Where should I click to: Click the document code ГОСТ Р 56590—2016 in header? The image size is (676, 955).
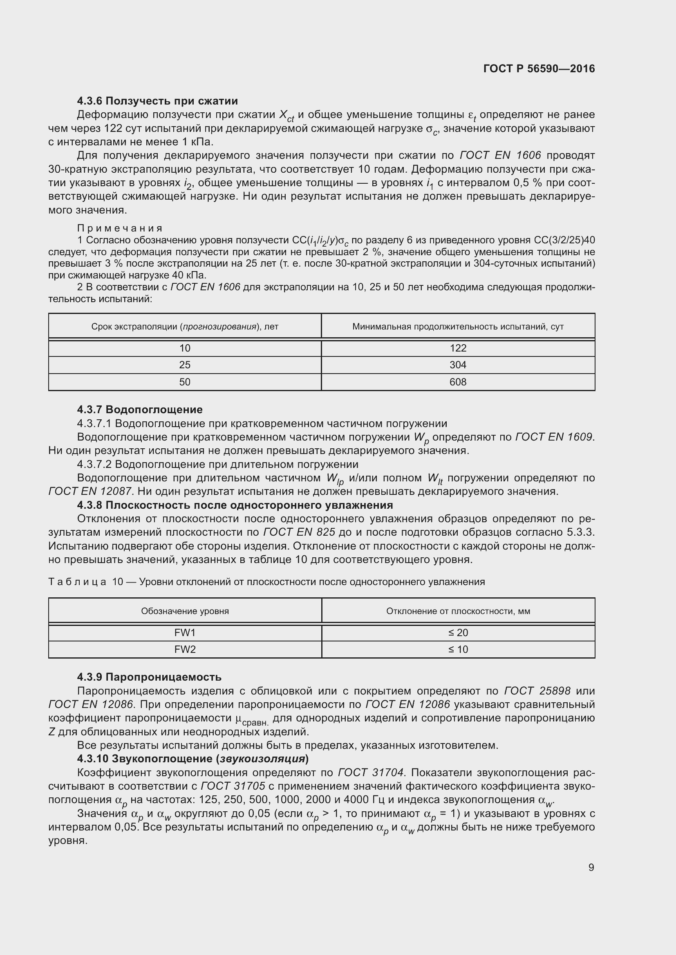coord(539,69)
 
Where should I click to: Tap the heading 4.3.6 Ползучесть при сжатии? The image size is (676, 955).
coord(157,101)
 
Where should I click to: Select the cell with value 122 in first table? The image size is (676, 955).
coord(458,348)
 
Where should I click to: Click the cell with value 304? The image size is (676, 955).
coord(458,365)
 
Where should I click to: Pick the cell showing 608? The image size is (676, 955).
coord(458,382)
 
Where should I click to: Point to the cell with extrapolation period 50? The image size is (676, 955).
coord(185,382)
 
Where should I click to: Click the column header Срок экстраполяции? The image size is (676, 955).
coord(185,327)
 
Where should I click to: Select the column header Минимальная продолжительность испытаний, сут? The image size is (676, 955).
coord(458,327)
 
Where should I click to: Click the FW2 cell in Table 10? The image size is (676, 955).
coord(185,649)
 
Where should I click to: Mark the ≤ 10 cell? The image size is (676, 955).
coord(458,649)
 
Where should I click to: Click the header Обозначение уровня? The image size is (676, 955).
coord(185,611)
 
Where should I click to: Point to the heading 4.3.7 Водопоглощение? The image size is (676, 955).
coord(140,410)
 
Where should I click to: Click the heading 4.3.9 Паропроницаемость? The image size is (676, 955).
coord(149,677)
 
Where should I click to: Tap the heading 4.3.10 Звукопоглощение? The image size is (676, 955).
coord(193,759)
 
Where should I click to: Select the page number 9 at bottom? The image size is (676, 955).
coord(591,867)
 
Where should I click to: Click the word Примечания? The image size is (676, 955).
coord(120,228)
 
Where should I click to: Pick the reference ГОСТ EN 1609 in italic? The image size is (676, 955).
coord(554,437)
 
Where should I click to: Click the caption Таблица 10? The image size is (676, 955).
coord(85,581)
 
